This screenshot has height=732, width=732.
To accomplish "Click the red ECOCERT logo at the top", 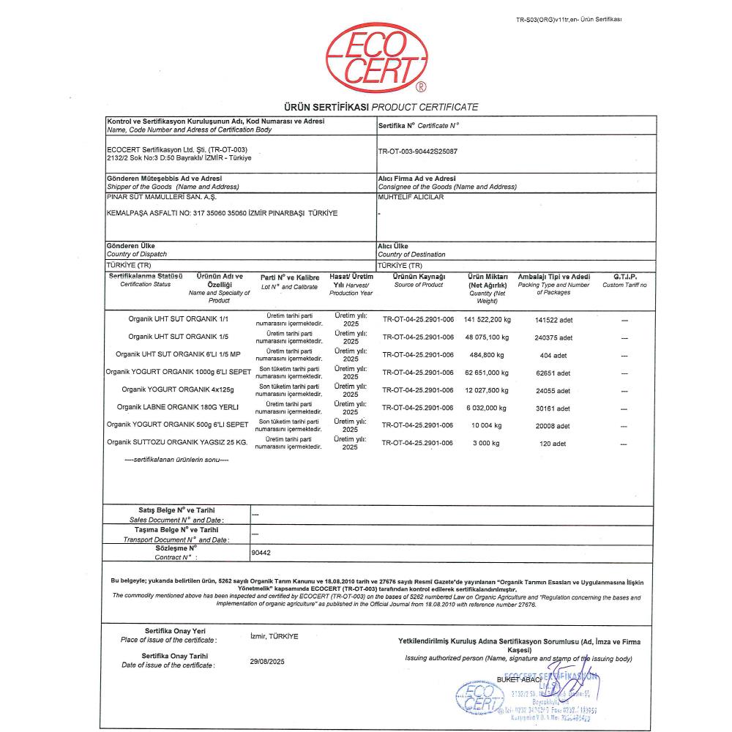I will pyautogui.click(x=376, y=58).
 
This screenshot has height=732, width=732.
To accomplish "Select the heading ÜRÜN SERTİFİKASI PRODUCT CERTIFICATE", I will pyautogui.click(x=376, y=107).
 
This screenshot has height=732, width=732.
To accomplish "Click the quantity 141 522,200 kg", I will pyautogui.click(x=488, y=320).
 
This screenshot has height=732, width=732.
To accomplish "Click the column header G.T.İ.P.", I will pyautogui.click(x=624, y=277).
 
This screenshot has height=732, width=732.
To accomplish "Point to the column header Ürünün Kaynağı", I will pyautogui.click(x=418, y=277).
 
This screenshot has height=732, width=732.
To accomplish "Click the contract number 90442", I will pyautogui.click(x=261, y=554).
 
